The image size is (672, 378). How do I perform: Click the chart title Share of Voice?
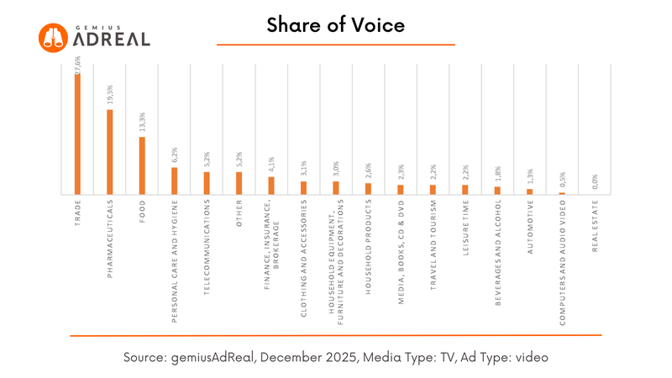tap(336, 25)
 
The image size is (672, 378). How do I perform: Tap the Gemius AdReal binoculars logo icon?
tap(53, 37)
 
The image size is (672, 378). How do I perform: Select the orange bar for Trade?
tap(77, 134)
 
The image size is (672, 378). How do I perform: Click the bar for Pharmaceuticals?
tap(109, 152)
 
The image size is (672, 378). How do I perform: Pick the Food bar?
tap(142, 165)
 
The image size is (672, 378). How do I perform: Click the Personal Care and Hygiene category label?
tap(174, 260)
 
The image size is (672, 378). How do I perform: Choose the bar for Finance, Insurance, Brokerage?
tap(271, 185)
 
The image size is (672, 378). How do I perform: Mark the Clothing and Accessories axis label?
tap(303, 257)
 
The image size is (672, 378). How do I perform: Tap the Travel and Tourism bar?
tap(433, 189)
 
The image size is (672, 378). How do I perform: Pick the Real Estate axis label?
tap(595, 227)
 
